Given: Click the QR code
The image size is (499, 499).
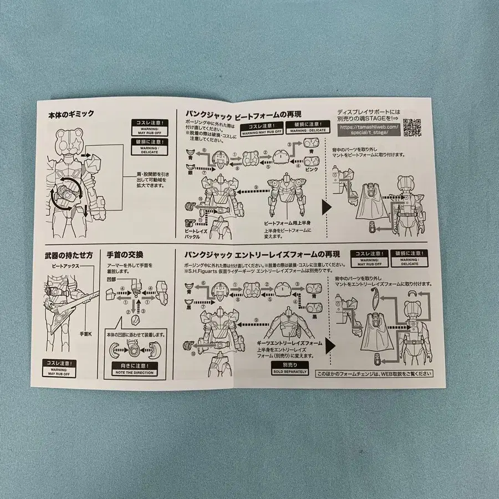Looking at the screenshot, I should tap(413, 126).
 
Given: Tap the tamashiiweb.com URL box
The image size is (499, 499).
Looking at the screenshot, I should tap(368, 130).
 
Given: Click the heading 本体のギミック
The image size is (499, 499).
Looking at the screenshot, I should tap(72, 115).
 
